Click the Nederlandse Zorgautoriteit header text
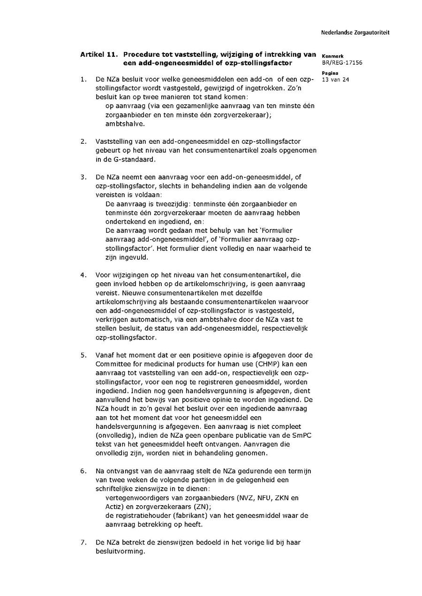[355, 33]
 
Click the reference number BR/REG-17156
[342, 63]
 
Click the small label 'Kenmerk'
[333, 56]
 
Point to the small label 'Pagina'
[330, 73]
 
